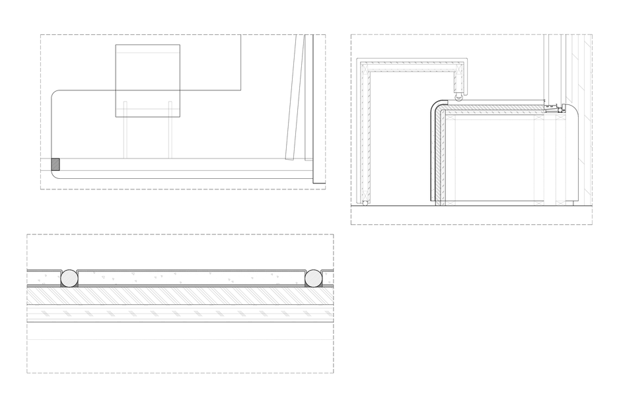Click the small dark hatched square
(55, 164)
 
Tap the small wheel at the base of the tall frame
(365, 203)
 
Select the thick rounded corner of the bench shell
(437, 108)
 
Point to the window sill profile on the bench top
(554, 108)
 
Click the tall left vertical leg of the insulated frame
(363, 132)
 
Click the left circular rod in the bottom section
(69, 278)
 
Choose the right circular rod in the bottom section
(313, 278)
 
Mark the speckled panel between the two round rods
(192, 277)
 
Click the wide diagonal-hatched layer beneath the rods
(178, 296)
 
